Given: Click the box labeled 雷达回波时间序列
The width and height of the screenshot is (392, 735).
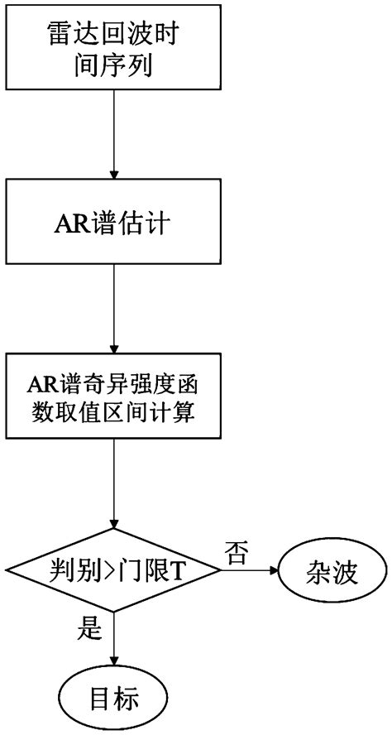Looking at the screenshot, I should [112, 48].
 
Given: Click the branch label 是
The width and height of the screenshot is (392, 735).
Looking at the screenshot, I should [89, 631].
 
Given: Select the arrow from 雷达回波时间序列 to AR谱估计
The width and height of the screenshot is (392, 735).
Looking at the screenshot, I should [112, 137].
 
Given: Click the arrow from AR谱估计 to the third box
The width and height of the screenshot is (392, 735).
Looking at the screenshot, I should [112, 310].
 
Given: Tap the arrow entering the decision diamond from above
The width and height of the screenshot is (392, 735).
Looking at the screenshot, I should [112, 484].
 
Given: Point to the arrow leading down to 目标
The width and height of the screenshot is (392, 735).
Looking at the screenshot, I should [112, 641].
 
